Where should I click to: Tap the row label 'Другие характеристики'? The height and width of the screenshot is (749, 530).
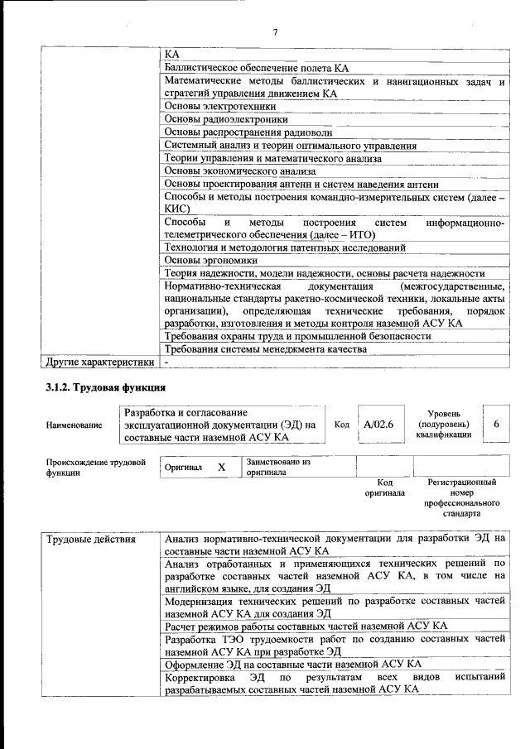pos(100,362)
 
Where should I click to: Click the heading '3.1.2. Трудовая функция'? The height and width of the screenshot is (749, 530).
pos(106,387)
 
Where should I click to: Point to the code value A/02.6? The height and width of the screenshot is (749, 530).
pos(378,425)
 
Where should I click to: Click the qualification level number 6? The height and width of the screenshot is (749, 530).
pos(496,424)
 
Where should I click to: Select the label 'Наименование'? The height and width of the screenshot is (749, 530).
pos(75,425)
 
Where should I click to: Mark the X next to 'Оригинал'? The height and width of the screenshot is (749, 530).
pos(221,468)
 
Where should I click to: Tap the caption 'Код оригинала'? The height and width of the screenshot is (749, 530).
pos(384,487)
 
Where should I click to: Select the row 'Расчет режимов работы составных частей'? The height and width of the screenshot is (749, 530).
pos(306,626)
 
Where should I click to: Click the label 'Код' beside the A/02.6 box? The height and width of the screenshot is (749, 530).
pos(341,425)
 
